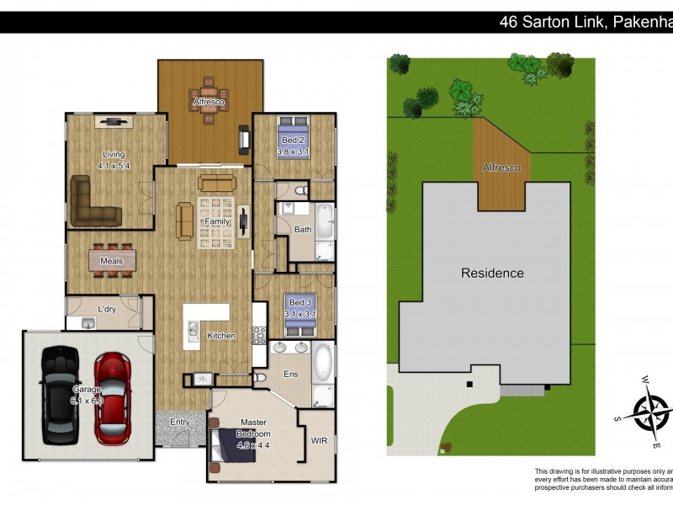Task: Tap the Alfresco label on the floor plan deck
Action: pyautogui.click(x=207, y=103)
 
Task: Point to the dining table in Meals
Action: pyautogui.click(x=112, y=261)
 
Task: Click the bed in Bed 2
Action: pyautogui.click(x=294, y=135)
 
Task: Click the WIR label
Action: pyautogui.click(x=319, y=439)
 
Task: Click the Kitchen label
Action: pyautogui.click(x=222, y=336)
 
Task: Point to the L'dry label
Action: pyautogui.click(x=107, y=309)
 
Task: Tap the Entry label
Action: pyautogui.click(x=180, y=423)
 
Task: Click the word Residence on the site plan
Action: pyautogui.click(x=491, y=273)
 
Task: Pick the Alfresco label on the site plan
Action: pyautogui.click(x=501, y=168)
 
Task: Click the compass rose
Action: pyautogui.click(x=649, y=412)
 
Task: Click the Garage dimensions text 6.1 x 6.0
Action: pyautogui.click(x=87, y=401)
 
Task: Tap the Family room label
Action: pyautogui.click(x=217, y=221)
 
